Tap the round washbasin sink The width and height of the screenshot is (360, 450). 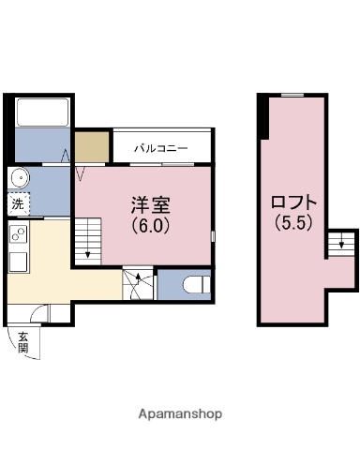(19, 178)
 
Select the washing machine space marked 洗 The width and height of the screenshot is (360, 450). (18, 203)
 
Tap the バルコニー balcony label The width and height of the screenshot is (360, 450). (159, 148)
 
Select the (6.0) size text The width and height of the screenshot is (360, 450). (149, 226)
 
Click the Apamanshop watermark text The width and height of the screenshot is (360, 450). (180, 413)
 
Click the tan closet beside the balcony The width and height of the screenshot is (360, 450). (92, 147)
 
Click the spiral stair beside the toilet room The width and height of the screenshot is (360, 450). (138, 282)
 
